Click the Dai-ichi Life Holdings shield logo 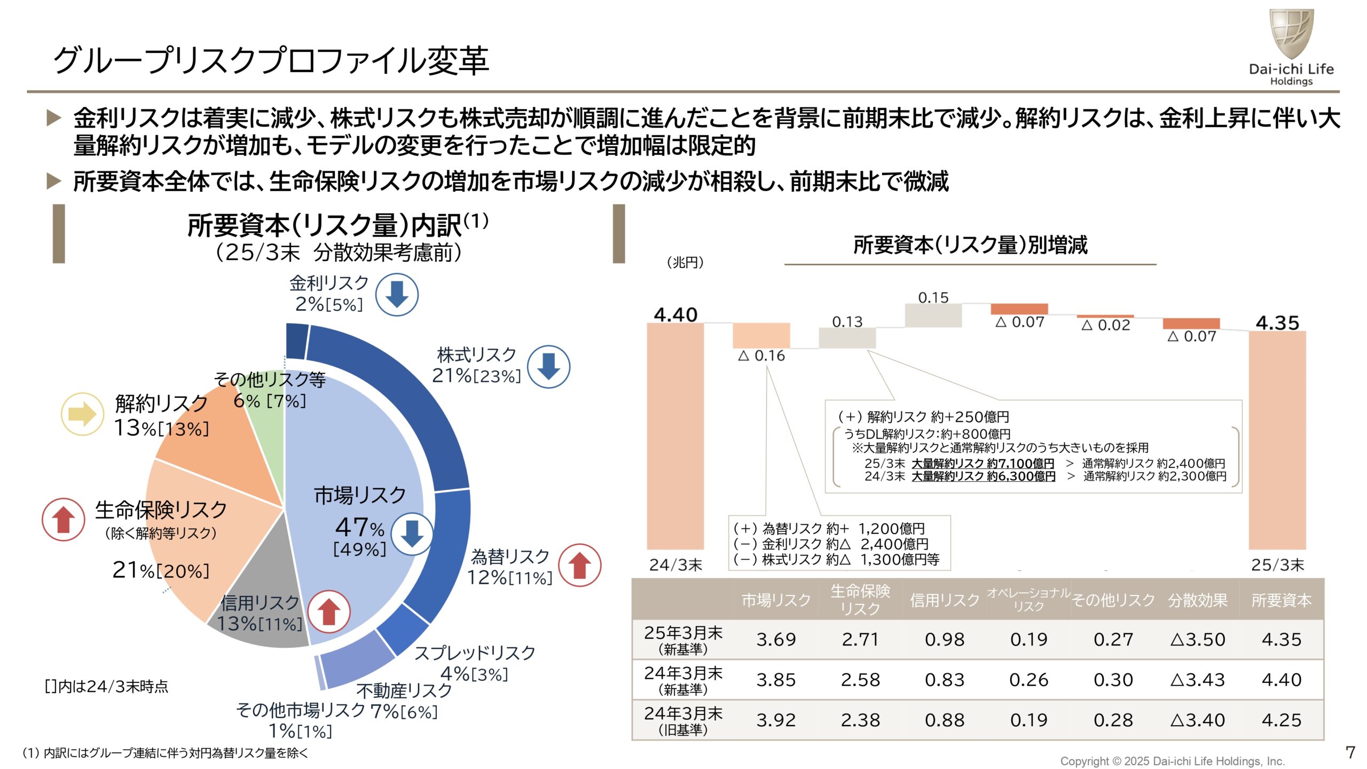click(x=1291, y=33)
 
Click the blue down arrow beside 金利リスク click(x=396, y=294)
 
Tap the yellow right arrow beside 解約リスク click(x=82, y=414)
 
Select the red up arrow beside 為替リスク click(x=579, y=565)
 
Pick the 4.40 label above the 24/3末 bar click(x=675, y=315)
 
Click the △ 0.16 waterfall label click(x=761, y=356)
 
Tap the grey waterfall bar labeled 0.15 click(x=933, y=315)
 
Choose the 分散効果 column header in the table click(x=1197, y=600)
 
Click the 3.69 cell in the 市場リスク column click(x=776, y=639)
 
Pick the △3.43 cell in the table click(x=1197, y=680)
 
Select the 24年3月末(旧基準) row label click(x=683, y=720)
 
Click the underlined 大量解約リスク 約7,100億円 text click(x=983, y=463)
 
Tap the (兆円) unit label click(x=685, y=262)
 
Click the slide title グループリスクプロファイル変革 click(x=271, y=60)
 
